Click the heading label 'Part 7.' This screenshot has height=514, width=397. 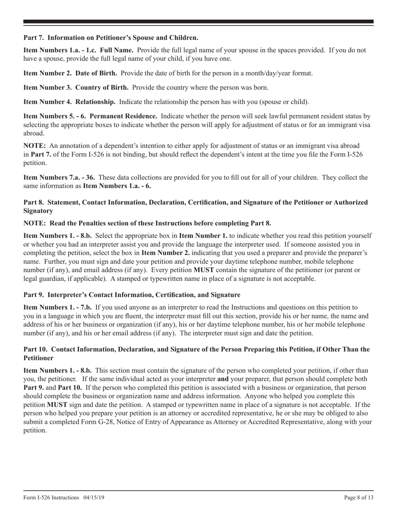pyautogui.click(x=34, y=38)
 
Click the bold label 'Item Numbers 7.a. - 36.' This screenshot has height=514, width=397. pyautogui.click(x=59, y=177)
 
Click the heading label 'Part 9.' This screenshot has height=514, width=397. pyautogui.click(x=34, y=295)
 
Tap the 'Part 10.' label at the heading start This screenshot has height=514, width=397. pyautogui.click(x=36, y=349)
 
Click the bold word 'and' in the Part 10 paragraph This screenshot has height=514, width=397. pyautogui.click(x=223, y=379)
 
